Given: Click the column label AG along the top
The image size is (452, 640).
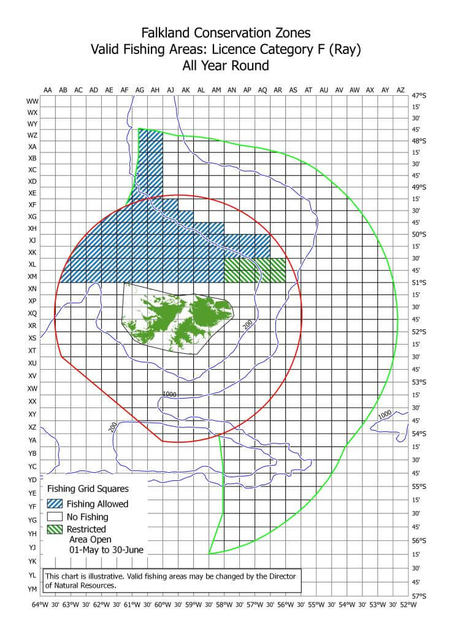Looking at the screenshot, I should [x=140, y=90].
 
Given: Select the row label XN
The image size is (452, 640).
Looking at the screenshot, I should [x=33, y=289].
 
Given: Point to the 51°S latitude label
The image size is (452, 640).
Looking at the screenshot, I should [x=419, y=283].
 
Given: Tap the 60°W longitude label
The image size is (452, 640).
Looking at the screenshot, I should [x=163, y=605].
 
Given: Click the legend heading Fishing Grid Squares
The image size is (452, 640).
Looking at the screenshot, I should [x=88, y=490].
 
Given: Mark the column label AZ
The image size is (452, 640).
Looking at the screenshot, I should [x=400, y=90].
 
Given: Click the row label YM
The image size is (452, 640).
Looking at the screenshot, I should [x=33, y=589].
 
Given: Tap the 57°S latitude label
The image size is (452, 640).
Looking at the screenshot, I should [x=419, y=596].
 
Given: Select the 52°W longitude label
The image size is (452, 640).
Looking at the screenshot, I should [x=408, y=605].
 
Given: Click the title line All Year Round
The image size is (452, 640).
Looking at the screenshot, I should [x=226, y=64].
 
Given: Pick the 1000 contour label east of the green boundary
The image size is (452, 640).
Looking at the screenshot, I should [x=385, y=415].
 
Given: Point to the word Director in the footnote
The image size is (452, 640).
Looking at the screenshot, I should [x=281, y=576].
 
